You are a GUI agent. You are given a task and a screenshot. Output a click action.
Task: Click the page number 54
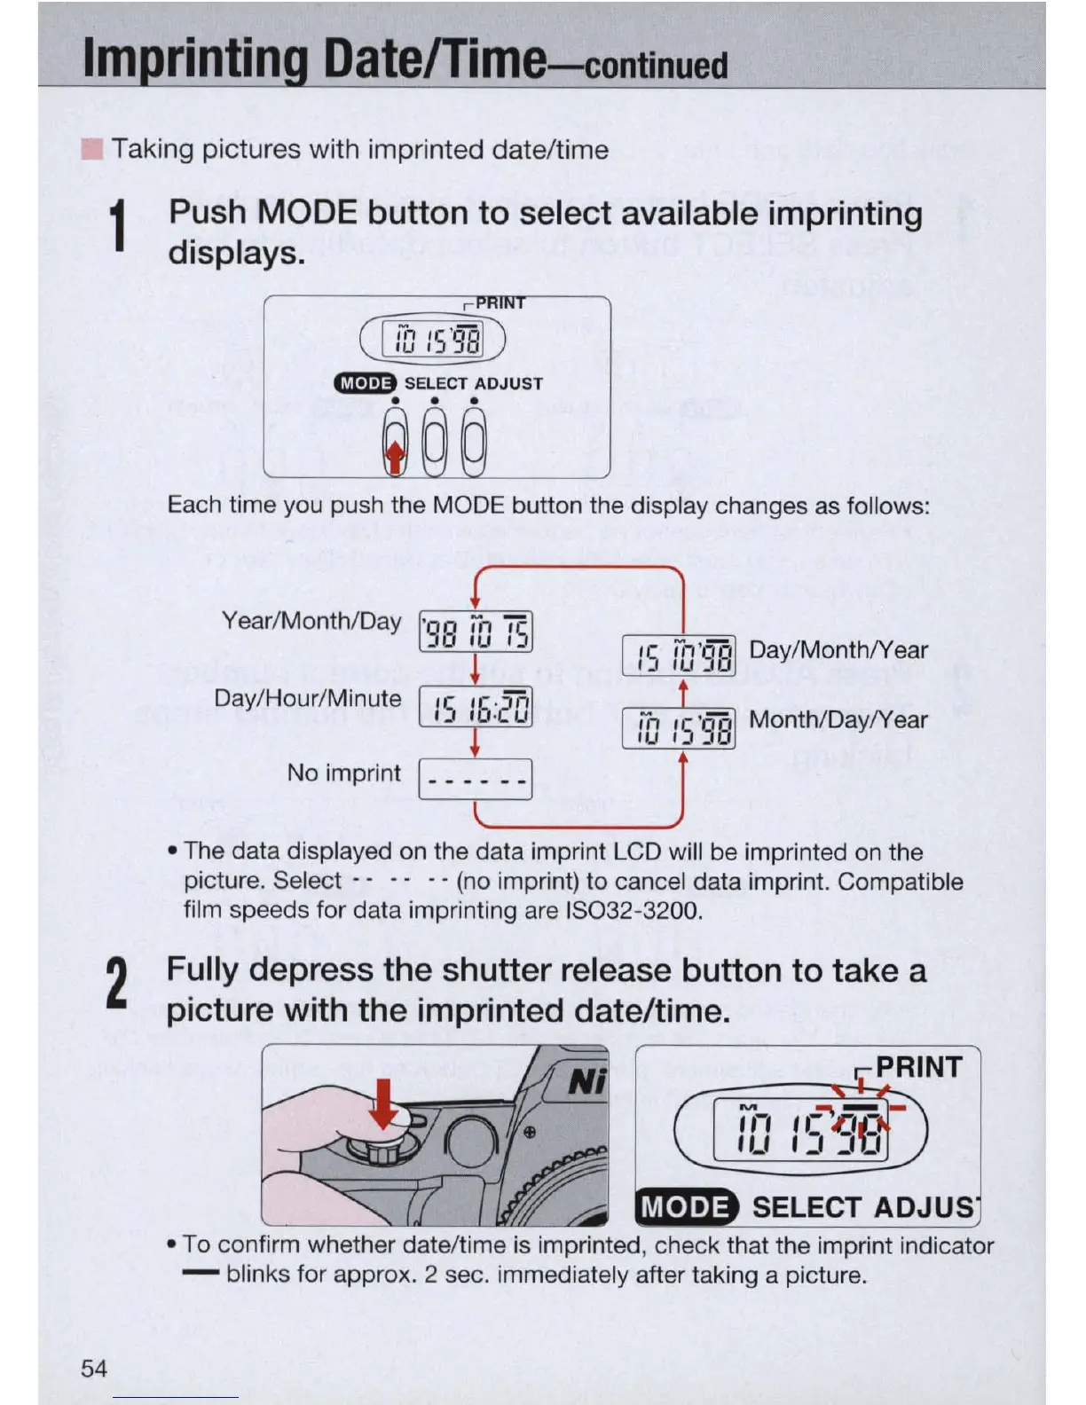(x=94, y=1369)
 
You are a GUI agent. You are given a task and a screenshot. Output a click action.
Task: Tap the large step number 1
(x=117, y=227)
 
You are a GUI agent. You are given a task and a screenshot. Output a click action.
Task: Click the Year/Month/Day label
(x=311, y=621)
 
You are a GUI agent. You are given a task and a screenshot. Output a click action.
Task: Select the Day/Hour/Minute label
(x=308, y=699)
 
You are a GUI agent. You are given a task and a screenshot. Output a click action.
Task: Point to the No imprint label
(x=343, y=773)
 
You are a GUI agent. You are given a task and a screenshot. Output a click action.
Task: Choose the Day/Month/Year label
(x=838, y=650)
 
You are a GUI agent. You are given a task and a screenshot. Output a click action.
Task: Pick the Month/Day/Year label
(x=838, y=719)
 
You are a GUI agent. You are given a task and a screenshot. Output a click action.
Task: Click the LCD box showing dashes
(x=476, y=780)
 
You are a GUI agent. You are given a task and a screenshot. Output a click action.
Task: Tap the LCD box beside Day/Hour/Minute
(x=476, y=707)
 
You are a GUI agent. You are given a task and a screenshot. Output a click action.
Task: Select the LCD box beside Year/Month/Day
(x=476, y=632)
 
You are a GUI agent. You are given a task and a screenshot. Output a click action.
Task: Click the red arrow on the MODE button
(x=395, y=456)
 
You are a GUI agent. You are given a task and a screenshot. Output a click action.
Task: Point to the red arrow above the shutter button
(x=383, y=1103)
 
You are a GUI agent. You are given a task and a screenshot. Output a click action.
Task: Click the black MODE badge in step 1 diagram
(x=365, y=383)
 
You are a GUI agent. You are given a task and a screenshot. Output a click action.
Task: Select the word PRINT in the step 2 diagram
(x=918, y=1067)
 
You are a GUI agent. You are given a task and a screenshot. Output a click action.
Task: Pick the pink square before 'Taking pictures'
(x=91, y=149)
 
